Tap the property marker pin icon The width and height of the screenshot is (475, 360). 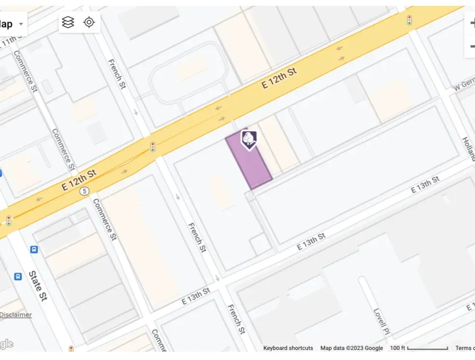(x=249, y=140)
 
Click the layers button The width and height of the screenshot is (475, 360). (x=69, y=22)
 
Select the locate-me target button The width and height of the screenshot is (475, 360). (x=89, y=22)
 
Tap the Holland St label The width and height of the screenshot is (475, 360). (x=468, y=148)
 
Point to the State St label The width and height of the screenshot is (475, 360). (x=38, y=286)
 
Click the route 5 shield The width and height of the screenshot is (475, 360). (x=84, y=191)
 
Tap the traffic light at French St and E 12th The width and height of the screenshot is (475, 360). (x=153, y=146)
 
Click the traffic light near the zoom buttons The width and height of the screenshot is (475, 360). (x=409, y=20)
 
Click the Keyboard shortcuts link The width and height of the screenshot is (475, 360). (x=288, y=348)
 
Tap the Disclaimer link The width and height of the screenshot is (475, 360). (x=16, y=315)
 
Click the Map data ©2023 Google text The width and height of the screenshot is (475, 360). (x=351, y=348)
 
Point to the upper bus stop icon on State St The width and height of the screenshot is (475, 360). (x=34, y=249)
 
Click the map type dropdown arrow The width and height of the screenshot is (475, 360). (x=21, y=24)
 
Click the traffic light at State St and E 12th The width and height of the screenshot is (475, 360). (x=9, y=221)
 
